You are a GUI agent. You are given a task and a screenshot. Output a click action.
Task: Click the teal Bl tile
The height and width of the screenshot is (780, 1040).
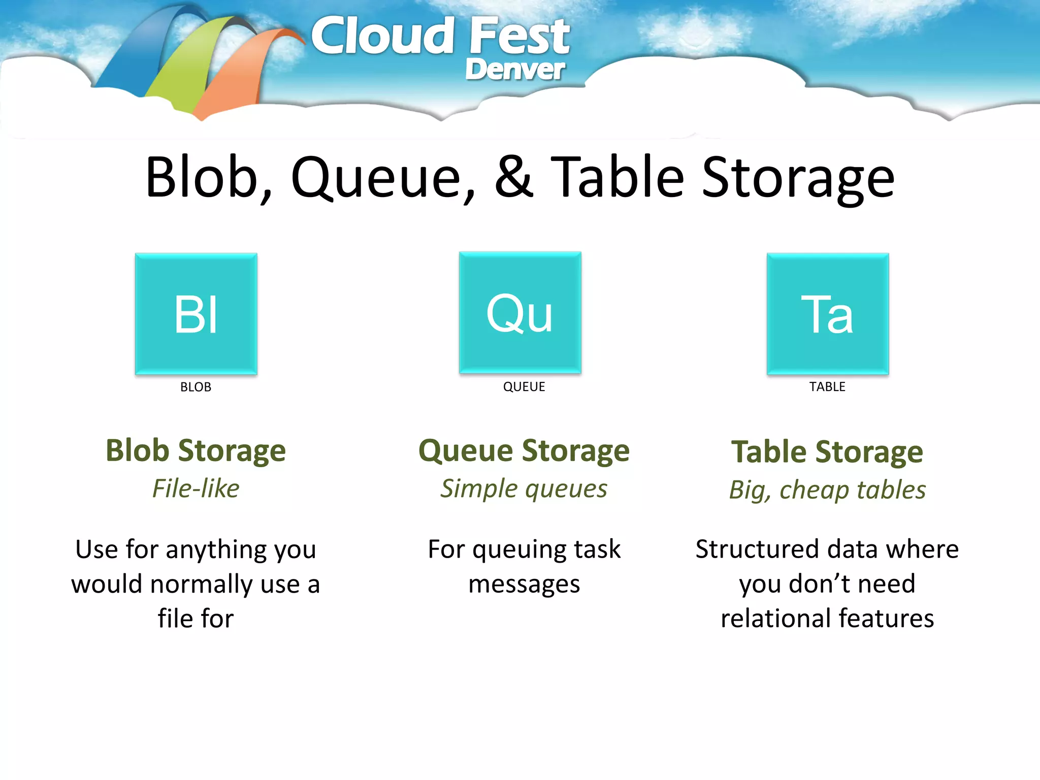click(x=196, y=314)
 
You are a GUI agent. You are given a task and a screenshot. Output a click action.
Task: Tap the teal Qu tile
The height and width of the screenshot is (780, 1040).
click(x=520, y=313)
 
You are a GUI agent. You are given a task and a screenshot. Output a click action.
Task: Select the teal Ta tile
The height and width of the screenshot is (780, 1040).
click(x=827, y=314)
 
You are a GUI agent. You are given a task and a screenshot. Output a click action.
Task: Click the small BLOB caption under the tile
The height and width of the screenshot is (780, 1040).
click(x=196, y=387)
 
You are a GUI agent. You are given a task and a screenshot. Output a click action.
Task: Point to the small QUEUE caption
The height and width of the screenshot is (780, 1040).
click(x=524, y=387)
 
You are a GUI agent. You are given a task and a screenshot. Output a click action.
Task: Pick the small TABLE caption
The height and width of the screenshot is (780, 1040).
click(x=827, y=387)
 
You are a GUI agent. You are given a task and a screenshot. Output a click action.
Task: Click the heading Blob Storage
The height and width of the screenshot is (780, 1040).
click(x=196, y=451)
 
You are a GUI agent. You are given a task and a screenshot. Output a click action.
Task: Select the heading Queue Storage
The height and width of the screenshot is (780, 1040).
click(x=524, y=451)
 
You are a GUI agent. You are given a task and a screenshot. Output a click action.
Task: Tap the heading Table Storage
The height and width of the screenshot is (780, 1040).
click(x=827, y=452)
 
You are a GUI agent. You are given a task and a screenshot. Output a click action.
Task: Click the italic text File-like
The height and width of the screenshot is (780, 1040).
click(x=196, y=489)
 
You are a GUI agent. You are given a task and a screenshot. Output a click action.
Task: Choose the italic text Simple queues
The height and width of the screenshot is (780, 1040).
click(x=524, y=489)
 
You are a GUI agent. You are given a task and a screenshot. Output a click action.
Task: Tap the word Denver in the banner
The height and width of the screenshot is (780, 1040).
click(x=514, y=69)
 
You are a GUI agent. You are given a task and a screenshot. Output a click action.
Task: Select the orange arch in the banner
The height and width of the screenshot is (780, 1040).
click(x=239, y=76)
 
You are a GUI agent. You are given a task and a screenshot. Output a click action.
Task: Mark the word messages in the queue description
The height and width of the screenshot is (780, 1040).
click(x=524, y=584)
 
